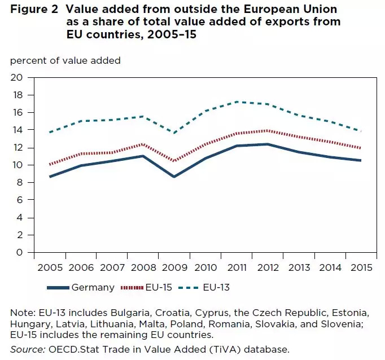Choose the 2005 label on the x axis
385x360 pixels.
coord(50,267)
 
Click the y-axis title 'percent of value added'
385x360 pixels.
coord(65,60)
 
